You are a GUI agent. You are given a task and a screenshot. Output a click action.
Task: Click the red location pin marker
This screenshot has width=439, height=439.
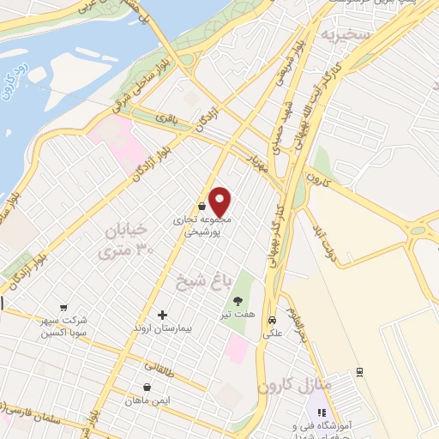click(x=220, y=201)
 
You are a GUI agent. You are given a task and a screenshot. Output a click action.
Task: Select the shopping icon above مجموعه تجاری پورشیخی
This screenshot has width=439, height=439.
click(x=201, y=207)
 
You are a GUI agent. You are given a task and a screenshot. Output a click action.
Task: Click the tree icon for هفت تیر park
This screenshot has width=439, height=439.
click(x=238, y=300)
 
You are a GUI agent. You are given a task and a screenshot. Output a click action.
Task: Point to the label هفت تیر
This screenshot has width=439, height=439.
click(x=238, y=316)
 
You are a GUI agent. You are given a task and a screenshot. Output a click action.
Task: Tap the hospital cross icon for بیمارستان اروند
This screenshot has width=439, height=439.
click(x=162, y=316)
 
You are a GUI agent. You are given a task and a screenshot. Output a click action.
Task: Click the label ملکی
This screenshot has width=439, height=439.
click(x=272, y=330)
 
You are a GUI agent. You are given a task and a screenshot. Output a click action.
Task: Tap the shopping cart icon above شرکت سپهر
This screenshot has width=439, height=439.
click(x=63, y=307)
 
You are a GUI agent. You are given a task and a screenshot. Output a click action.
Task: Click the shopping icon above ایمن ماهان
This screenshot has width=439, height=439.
click(x=147, y=387)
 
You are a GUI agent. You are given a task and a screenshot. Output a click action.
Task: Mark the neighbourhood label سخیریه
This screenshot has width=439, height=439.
click(x=343, y=35)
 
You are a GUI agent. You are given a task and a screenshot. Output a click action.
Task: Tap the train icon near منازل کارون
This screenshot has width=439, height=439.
click(x=359, y=371)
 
